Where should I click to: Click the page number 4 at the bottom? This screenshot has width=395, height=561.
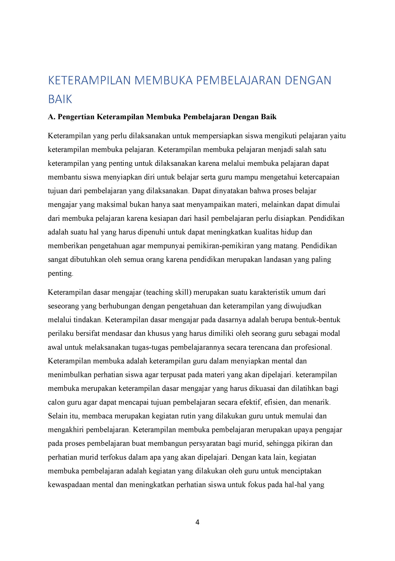coord(197,522)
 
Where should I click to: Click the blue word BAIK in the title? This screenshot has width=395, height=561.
coord(60,99)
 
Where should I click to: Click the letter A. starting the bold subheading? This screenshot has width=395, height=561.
coord(52,117)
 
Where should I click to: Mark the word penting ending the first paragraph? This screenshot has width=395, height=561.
coord(60,274)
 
